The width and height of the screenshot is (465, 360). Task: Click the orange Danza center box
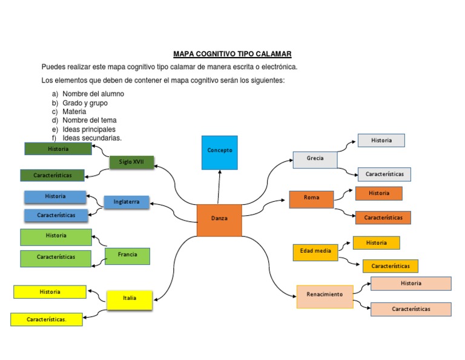(x=219, y=220)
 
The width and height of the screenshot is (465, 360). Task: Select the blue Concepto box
(x=219, y=152)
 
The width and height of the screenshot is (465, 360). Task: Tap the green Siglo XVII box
(x=131, y=162)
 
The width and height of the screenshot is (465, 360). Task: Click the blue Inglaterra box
(x=127, y=202)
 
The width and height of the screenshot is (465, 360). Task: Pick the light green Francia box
(x=127, y=256)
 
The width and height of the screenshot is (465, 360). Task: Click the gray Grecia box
(x=315, y=159)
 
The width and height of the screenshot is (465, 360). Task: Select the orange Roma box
(x=311, y=199)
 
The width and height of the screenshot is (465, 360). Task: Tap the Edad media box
(x=315, y=252)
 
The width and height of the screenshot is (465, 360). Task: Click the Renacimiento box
(x=325, y=296)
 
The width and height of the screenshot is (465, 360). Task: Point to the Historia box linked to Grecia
(x=381, y=141)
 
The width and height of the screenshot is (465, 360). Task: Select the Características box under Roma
(x=383, y=218)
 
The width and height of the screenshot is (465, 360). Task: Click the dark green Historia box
(x=58, y=148)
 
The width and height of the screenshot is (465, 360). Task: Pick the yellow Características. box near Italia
(x=47, y=319)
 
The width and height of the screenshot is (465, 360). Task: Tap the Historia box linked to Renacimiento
(x=411, y=284)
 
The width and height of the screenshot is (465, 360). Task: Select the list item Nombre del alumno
(x=93, y=94)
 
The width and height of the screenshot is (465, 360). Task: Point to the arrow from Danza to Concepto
(x=219, y=187)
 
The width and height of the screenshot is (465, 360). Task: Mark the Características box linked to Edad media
(x=390, y=266)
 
